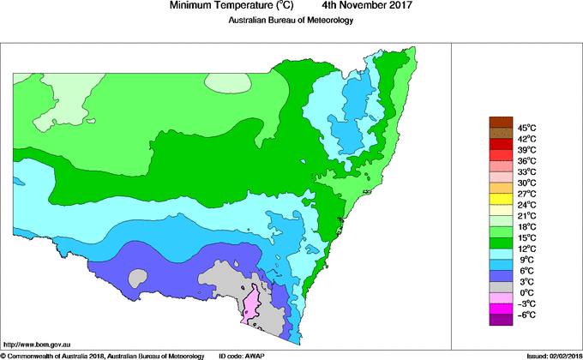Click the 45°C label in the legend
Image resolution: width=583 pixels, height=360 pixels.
[x=526, y=127]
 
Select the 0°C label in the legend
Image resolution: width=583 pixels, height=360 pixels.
[x=526, y=292]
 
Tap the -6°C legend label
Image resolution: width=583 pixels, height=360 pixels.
[x=526, y=315]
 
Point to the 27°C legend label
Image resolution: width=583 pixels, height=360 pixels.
[x=526, y=194]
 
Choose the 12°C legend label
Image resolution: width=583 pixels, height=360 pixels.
[x=526, y=248]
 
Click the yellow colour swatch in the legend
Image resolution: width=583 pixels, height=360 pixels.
[x=500, y=198]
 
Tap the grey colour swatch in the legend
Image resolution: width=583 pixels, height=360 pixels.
[x=500, y=286]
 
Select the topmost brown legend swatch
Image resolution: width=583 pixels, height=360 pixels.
[x=500, y=121]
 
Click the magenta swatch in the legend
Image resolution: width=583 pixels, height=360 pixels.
[x=500, y=309]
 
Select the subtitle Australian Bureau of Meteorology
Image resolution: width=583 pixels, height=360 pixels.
[x=291, y=21]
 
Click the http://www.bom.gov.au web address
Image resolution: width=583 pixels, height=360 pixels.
[x=36, y=343]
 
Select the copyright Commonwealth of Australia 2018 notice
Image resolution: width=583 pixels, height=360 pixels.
[x=102, y=355]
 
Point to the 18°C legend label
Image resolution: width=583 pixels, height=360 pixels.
[x=526, y=226]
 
